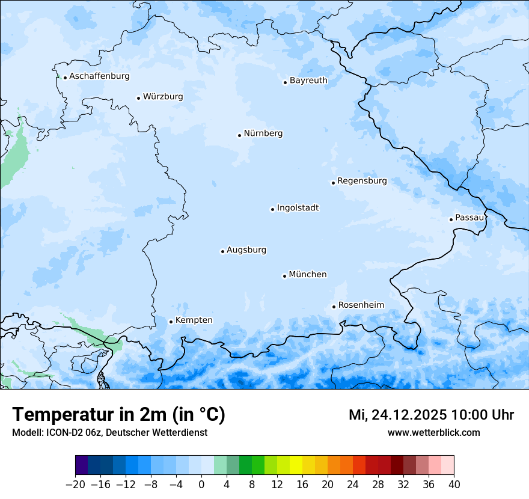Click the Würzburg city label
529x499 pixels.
[163, 97]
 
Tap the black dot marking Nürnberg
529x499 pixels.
[239, 135]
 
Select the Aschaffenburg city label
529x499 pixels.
[99, 76]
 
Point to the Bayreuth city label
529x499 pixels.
[308, 81]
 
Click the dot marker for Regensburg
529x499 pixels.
[333, 183]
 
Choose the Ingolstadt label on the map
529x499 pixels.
[298, 208]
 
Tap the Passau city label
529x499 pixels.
[469, 218]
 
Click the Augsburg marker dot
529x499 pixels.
[222, 251]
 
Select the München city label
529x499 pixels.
[308, 275]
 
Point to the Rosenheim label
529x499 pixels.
[361, 305]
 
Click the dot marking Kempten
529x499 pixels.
[171, 322]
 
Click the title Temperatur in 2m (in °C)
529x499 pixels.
[118, 415]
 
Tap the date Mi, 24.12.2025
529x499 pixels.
[397, 415]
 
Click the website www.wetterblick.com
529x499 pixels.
[433, 433]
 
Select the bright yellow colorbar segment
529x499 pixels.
[296, 466]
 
